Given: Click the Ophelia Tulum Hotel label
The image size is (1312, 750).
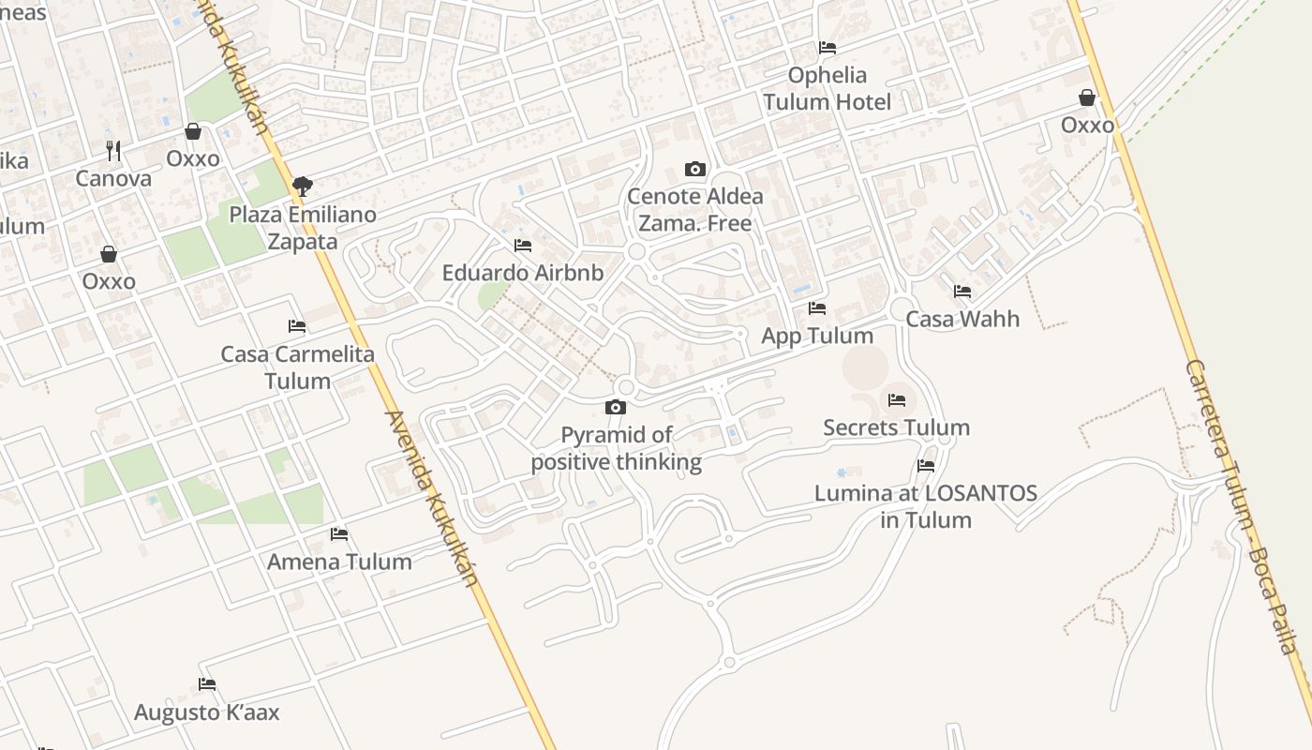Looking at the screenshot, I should point(827,88).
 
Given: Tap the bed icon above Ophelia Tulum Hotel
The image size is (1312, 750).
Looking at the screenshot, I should point(827,47).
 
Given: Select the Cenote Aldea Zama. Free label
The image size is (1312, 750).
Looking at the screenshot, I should point(694,209).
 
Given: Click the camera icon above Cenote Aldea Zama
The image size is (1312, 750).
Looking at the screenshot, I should point(694,169).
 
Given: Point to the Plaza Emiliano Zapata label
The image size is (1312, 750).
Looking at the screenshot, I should point(303,228).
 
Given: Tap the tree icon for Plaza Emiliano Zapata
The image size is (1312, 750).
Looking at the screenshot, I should point(302,187).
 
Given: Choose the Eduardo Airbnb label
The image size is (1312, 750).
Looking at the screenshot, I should point(522,273).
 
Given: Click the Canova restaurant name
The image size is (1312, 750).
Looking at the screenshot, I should point(113,178).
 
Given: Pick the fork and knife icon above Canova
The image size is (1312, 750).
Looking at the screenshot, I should point(113,150).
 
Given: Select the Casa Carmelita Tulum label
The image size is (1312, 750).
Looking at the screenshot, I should point(297,367).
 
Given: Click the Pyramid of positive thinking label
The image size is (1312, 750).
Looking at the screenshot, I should point(616,448).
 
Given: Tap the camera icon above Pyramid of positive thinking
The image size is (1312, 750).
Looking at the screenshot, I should point(616,407).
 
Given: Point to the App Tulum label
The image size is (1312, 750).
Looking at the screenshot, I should point(817,336).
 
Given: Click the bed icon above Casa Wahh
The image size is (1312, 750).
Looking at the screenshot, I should point(962,292).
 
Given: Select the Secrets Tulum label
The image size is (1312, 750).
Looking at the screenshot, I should point(896,427).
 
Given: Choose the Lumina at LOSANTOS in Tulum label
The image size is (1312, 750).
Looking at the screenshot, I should point(926,506).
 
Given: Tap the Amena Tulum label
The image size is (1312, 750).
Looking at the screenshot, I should point(339,562).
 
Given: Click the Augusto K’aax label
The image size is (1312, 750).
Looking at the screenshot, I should point(207,712).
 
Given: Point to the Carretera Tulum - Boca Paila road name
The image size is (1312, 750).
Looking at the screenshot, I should point(1241,506).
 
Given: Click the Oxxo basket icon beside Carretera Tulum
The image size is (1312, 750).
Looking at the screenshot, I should point(1087,97).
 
